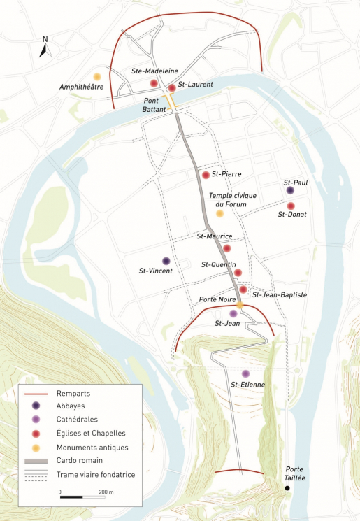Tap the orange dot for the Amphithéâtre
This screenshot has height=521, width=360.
click(x=97, y=76)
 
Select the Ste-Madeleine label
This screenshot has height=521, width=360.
click(x=154, y=71)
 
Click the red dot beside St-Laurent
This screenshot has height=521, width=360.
click(x=172, y=88)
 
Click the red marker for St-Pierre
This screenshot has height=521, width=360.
click(x=205, y=175)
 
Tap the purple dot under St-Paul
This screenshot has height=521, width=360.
click(x=290, y=190)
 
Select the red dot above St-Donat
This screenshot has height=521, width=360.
click(x=291, y=206)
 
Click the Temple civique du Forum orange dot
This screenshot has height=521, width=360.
click(x=219, y=213)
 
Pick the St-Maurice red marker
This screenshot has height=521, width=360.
click(x=226, y=248)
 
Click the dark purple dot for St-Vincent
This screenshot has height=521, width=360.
click(x=166, y=261)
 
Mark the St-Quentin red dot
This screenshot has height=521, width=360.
click(x=238, y=273)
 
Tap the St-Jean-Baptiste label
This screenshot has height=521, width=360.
click(x=280, y=295)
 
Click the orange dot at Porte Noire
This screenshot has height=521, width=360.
click(x=239, y=305)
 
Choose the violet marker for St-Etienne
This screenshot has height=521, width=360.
click(x=245, y=373)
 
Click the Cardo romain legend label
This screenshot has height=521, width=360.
click(x=80, y=461)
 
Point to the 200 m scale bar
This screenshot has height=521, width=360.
click(x=81, y=498)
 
